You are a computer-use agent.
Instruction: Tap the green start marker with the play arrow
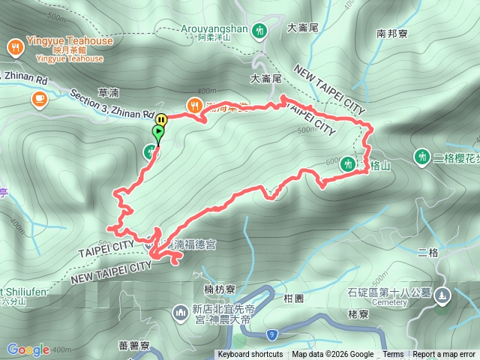point(158,133)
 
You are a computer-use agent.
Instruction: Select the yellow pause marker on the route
point(161,118)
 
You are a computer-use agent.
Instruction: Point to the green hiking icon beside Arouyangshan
point(259,31)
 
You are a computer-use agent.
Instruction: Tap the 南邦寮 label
point(392,34)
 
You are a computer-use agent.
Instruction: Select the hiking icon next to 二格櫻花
point(422,156)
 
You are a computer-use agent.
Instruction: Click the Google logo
point(28,349)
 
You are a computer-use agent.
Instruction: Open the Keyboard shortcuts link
point(250,355)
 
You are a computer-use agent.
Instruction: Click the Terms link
point(393,355)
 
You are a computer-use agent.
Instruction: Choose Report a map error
point(444,355)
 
